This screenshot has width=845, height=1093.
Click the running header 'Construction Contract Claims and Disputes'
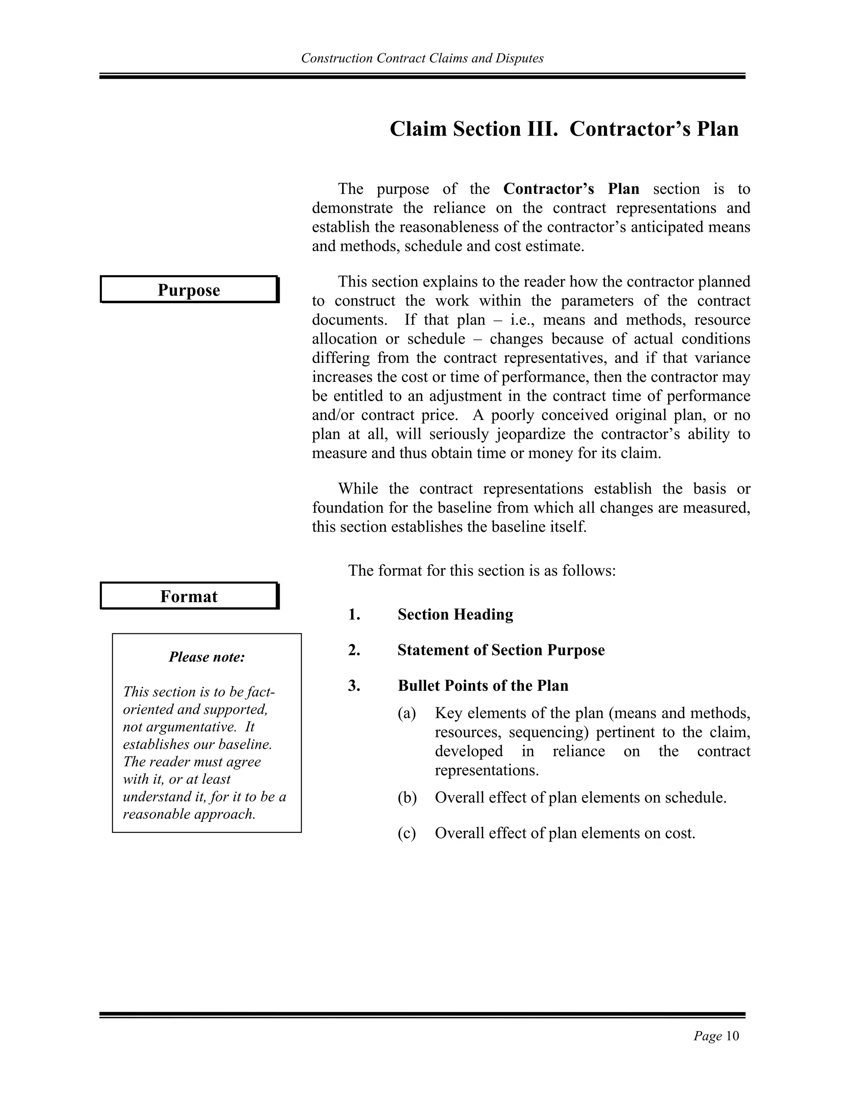(x=422, y=59)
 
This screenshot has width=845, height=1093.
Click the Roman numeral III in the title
(x=541, y=129)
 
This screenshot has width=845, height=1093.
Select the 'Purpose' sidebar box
(x=189, y=290)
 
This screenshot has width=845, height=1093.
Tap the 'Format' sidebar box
(x=189, y=596)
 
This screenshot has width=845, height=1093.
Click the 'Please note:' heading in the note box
(x=207, y=657)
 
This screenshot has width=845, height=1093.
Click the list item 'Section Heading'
(x=455, y=614)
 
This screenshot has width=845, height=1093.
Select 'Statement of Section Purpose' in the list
(x=500, y=650)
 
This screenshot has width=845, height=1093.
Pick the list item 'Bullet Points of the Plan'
(x=483, y=685)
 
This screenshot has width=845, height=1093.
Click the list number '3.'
(x=354, y=685)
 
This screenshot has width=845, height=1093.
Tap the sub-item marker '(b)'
(x=407, y=797)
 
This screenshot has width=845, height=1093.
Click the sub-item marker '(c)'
(x=406, y=833)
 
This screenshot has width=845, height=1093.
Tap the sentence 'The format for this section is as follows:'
(x=482, y=570)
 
